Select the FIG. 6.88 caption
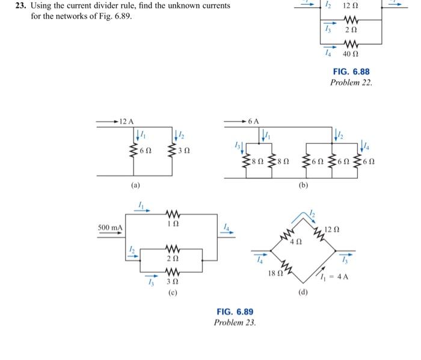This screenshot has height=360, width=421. (351, 72)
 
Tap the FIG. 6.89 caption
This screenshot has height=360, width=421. (235, 311)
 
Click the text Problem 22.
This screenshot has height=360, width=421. (351, 82)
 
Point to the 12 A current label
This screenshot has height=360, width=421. (126, 122)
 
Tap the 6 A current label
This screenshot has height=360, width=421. (254, 122)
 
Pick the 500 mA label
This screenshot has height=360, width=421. (110, 228)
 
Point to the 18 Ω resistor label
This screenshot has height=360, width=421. (274, 274)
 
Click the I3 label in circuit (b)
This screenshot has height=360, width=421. (236, 145)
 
